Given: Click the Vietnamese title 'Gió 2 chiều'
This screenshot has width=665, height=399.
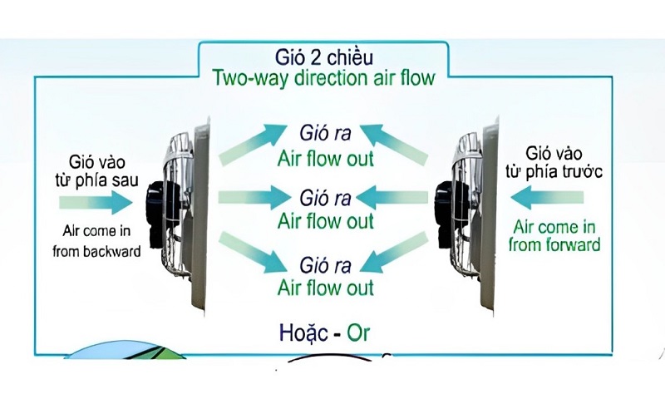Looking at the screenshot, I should [323, 57].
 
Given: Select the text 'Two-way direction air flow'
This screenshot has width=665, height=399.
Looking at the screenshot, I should [323, 78].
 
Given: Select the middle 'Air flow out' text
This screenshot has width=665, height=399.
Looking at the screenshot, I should [326, 221].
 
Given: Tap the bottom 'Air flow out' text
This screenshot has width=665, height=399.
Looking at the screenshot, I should [326, 288].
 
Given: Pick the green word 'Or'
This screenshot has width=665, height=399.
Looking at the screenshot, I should [358, 333].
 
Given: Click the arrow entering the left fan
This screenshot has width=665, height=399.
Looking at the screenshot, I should [96, 201].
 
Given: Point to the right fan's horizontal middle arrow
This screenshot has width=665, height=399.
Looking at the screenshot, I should [397, 198].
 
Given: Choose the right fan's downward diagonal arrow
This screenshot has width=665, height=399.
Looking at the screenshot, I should [395, 252].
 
